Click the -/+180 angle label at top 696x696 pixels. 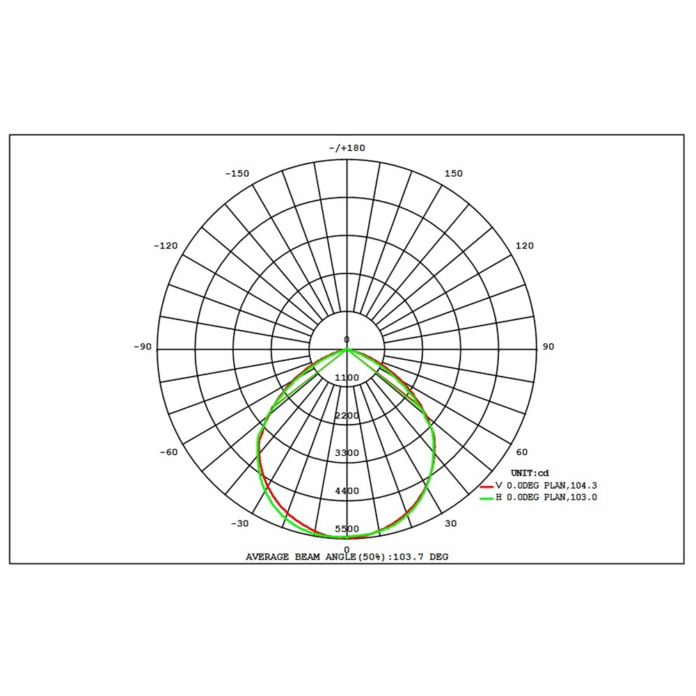(347, 148)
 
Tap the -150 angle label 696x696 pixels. (237, 173)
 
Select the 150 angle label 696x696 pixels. (454, 173)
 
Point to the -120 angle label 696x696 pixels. (166, 246)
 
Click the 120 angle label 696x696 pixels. (525, 246)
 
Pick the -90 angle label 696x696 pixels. (143, 347)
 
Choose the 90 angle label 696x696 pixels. (548, 347)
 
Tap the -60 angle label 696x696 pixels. (168, 452)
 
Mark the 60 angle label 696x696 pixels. (522, 452)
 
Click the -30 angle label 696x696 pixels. (239, 523)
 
